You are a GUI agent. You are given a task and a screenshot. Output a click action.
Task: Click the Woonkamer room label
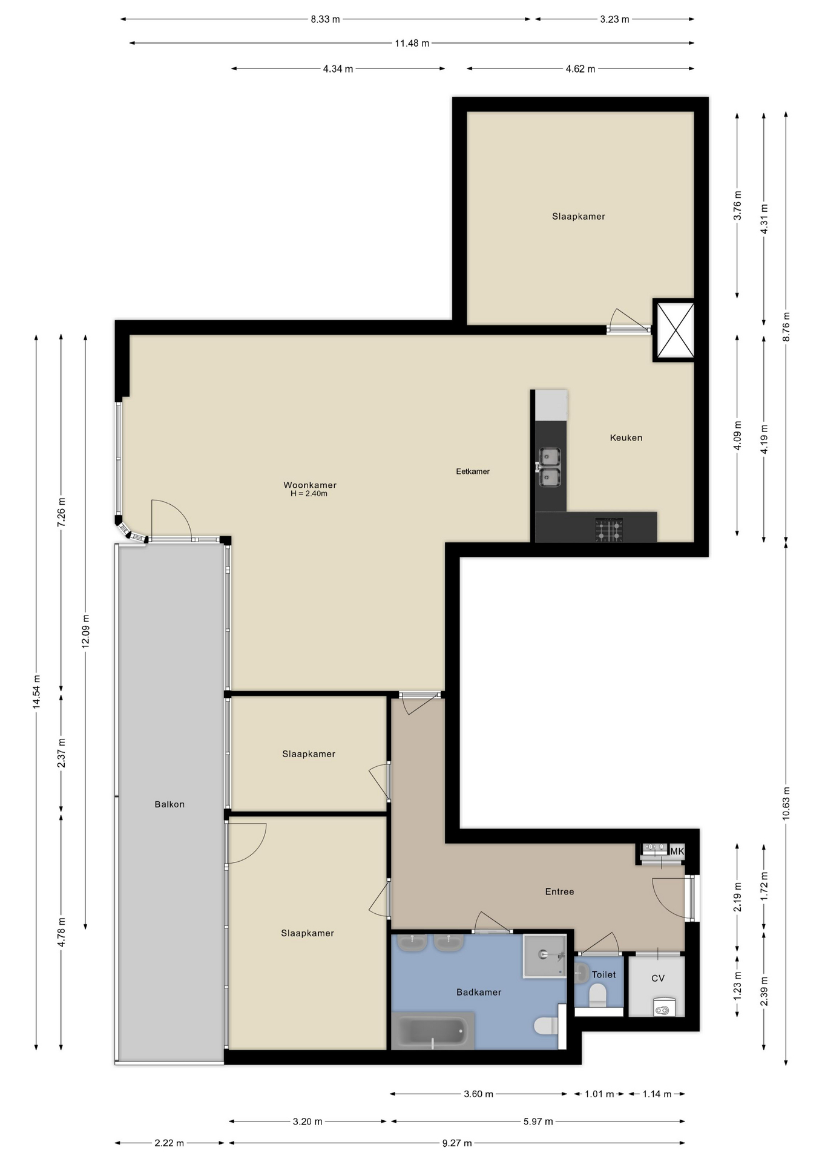pyautogui.click(x=309, y=485)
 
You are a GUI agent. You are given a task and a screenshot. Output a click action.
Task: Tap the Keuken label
pyautogui.click(x=625, y=438)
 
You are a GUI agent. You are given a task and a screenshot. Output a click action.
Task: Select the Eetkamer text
pyautogui.click(x=472, y=471)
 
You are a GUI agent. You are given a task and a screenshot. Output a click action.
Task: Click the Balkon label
pyautogui.click(x=169, y=804)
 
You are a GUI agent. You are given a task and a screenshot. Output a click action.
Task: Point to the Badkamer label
pyautogui.click(x=478, y=992)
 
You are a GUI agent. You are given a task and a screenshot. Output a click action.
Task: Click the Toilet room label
pyautogui.click(x=603, y=974)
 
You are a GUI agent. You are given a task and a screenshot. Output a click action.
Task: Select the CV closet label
pyautogui.click(x=657, y=978)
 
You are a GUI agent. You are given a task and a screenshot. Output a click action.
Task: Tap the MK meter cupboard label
pyautogui.click(x=676, y=852)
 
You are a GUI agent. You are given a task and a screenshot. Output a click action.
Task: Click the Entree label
pyautogui.click(x=559, y=891)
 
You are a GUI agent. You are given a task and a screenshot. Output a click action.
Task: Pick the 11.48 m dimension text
pyautogui.click(x=412, y=44)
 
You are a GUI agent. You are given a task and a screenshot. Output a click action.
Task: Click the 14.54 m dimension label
pyautogui.click(x=37, y=692)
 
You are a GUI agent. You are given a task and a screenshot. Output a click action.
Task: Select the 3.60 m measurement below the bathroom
pyautogui.click(x=478, y=1094)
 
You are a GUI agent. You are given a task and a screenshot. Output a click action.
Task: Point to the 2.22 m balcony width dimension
pyautogui.click(x=169, y=1143)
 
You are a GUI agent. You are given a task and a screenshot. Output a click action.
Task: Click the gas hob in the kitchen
pyautogui.click(x=608, y=529)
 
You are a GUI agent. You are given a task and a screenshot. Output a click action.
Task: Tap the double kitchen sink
pyautogui.click(x=550, y=467)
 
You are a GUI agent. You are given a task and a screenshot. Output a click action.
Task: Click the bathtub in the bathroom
pyautogui.click(x=432, y=1031)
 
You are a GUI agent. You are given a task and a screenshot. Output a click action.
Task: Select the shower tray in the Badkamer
pyautogui.click(x=544, y=956)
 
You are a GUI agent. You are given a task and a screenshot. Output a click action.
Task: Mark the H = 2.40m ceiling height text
pyautogui.click(x=309, y=494)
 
